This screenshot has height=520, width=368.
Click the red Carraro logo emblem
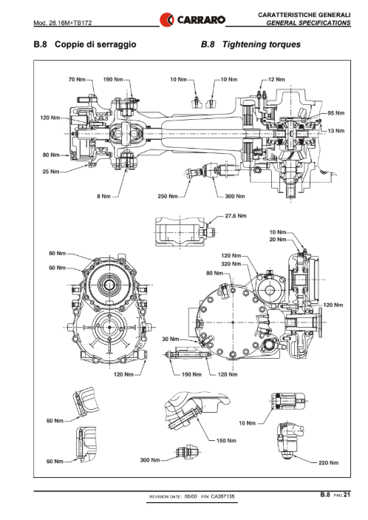click(x=166, y=19)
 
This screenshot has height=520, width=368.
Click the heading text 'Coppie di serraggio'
click(x=95, y=44)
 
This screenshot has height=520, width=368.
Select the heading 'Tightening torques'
click(x=262, y=44)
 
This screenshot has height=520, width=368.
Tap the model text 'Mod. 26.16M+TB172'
click(x=63, y=23)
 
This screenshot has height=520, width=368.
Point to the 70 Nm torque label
click(x=77, y=80)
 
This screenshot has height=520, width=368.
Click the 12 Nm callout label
click(x=276, y=80)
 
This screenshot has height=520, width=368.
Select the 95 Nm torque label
click(x=336, y=113)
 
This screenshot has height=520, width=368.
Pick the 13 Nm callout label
click(x=336, y=131)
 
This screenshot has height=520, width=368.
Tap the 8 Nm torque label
click(x=103, y=196)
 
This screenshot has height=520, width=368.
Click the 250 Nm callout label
click(x=168, y=196)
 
